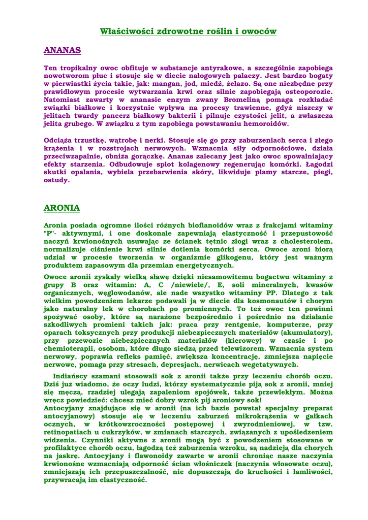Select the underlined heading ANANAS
tap(63, 50)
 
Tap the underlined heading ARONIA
tap(62, 208)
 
